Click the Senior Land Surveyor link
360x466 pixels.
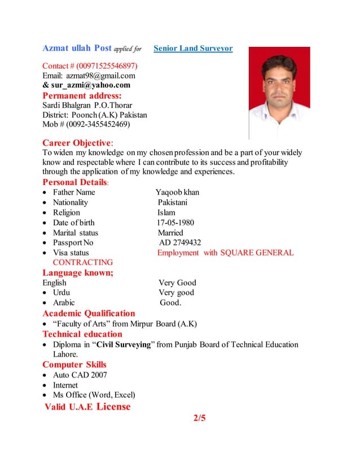[193, 49]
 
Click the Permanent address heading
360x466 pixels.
[82, 95]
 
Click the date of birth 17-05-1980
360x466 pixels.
[175, 222]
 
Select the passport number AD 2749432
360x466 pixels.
[180, 243]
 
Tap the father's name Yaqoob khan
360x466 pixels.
[177, 192]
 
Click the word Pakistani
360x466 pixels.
[173, 203]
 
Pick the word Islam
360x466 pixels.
[166, 213]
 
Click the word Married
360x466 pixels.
[170, 232]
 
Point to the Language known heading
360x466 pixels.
[78, 272]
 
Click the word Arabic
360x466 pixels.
[64, 302]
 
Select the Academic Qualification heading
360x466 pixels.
[89, 313]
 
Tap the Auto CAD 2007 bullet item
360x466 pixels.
[80, 375]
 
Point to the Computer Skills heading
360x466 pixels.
[74, 364]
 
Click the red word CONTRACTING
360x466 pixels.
[82, 262]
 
